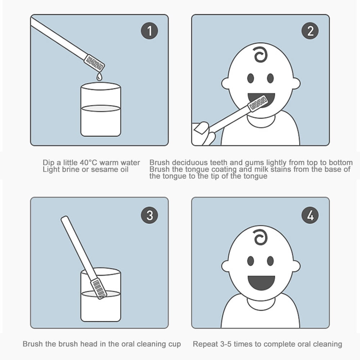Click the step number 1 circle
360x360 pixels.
click(149, 31)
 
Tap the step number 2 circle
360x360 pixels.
click(310, 31)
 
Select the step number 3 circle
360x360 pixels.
click(149, 215)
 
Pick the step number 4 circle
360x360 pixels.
click(310, 215)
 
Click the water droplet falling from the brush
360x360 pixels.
click(99, 76)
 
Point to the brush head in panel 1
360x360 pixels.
click(94, 63)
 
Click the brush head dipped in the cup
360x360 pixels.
click(99, 288)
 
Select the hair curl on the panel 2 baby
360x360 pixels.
click(261, 55)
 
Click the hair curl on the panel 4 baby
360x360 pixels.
click(261, 237)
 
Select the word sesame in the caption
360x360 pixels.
click(105, 170)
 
